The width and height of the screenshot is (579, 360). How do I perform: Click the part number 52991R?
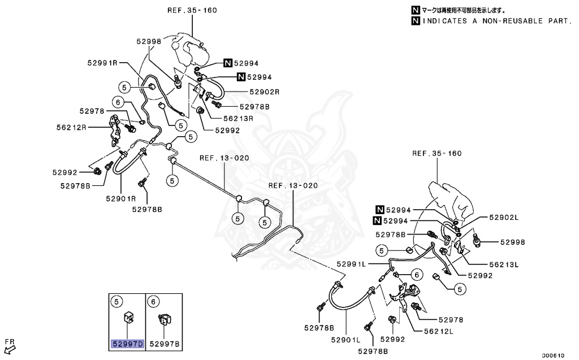click(102, 63)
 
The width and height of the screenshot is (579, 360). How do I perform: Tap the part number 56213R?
click(238, 119)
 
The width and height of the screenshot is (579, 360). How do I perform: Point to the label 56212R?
click(71, 127)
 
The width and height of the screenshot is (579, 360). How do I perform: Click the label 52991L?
click(352, 264)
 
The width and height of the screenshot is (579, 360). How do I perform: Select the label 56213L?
click(503, 264)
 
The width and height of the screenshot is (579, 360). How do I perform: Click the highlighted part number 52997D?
click(128, 344)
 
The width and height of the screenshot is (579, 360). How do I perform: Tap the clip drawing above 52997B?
click(164, 320)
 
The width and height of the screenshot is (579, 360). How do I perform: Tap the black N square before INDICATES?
click(416, 21)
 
